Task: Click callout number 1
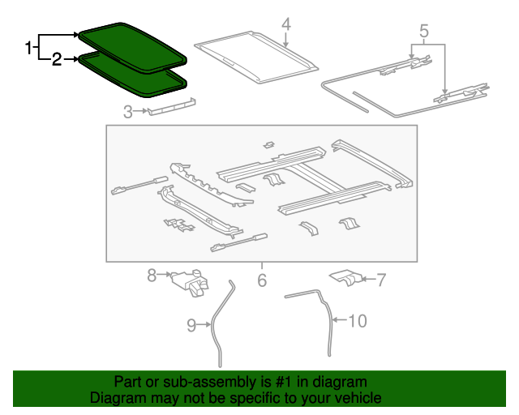[x=29, y=49]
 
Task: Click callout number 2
[x=57, y=59]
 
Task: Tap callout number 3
[x=128, y=112]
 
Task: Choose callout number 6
[x=261, y=280]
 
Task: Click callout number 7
[x=380, y=280]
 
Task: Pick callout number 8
[x=152, y=276]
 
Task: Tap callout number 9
[x=191, y=325]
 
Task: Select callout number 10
[x=357, y=321]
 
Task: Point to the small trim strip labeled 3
[x=172, y=107]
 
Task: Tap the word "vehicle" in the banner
[x=356, y=398]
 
